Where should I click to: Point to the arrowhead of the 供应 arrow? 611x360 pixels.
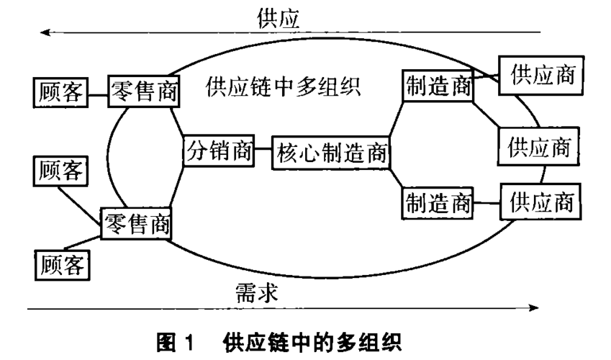click(x=45, y=32)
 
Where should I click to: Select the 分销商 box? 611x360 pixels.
click(x=219, y=151)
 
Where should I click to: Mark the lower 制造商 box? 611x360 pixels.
click(x=437, y=204)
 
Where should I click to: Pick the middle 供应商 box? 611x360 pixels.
click(x=538, y=148)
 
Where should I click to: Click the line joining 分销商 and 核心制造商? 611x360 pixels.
click(x=263, y=153)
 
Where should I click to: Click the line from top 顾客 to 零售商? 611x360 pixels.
click(x=97, y=92)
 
